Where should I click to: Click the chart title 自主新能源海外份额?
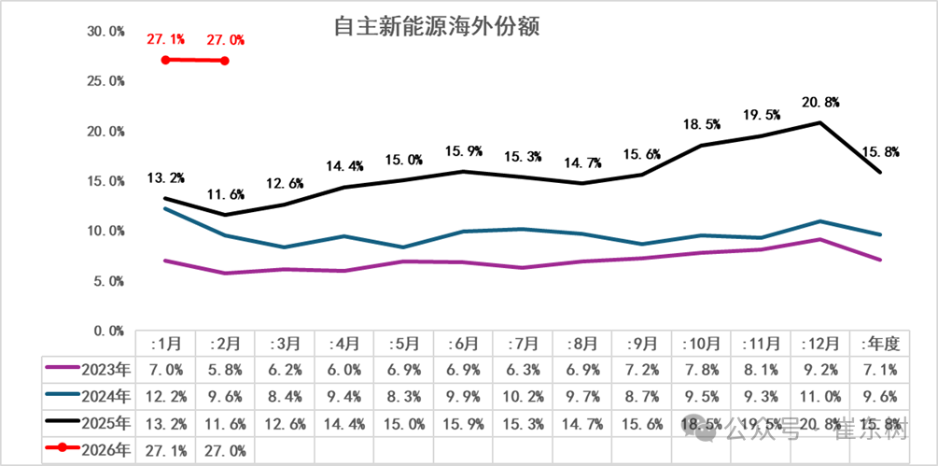(439, 26)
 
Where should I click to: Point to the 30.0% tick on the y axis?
(105, 32)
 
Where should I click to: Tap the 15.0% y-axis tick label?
(105, 181)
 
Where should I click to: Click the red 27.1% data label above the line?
(165, 40)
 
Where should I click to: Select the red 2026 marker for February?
(225, 61)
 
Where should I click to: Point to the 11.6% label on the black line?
(225, 194)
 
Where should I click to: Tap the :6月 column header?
(464, 343)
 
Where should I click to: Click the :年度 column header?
(880, 343)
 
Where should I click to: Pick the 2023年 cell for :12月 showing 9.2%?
(820, 370)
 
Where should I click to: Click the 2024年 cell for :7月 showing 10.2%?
(523, 397)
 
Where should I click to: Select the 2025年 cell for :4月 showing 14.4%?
(344, 424)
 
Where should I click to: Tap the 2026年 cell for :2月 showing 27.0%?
(225, 450)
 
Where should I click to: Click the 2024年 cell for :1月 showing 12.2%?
(165, 397)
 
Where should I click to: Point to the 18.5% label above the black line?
(701, 123)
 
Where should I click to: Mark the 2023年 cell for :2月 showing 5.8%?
(225, 370)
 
